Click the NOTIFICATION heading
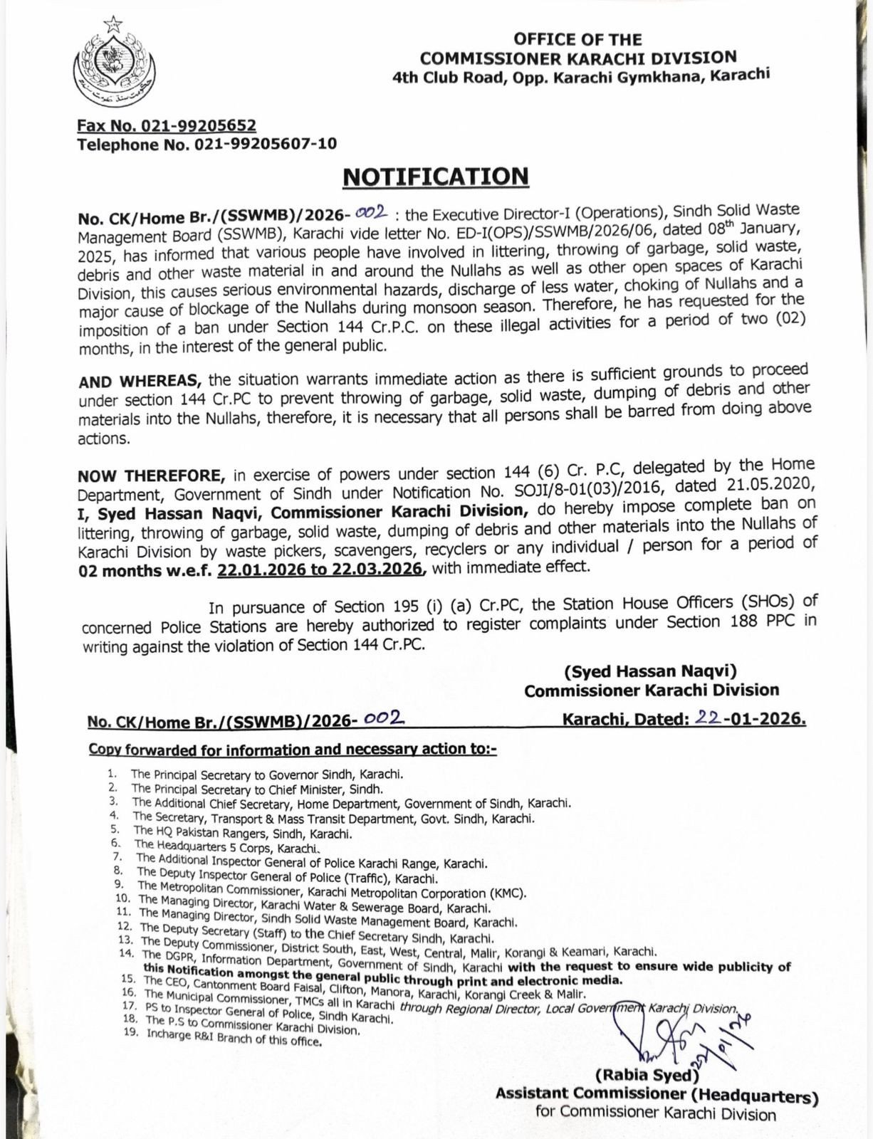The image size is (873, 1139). point(436,176)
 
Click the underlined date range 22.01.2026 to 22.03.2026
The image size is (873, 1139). point(322,569)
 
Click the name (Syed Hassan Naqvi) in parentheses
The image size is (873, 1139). point(650,671)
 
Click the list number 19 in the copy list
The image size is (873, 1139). point(130,1034)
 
